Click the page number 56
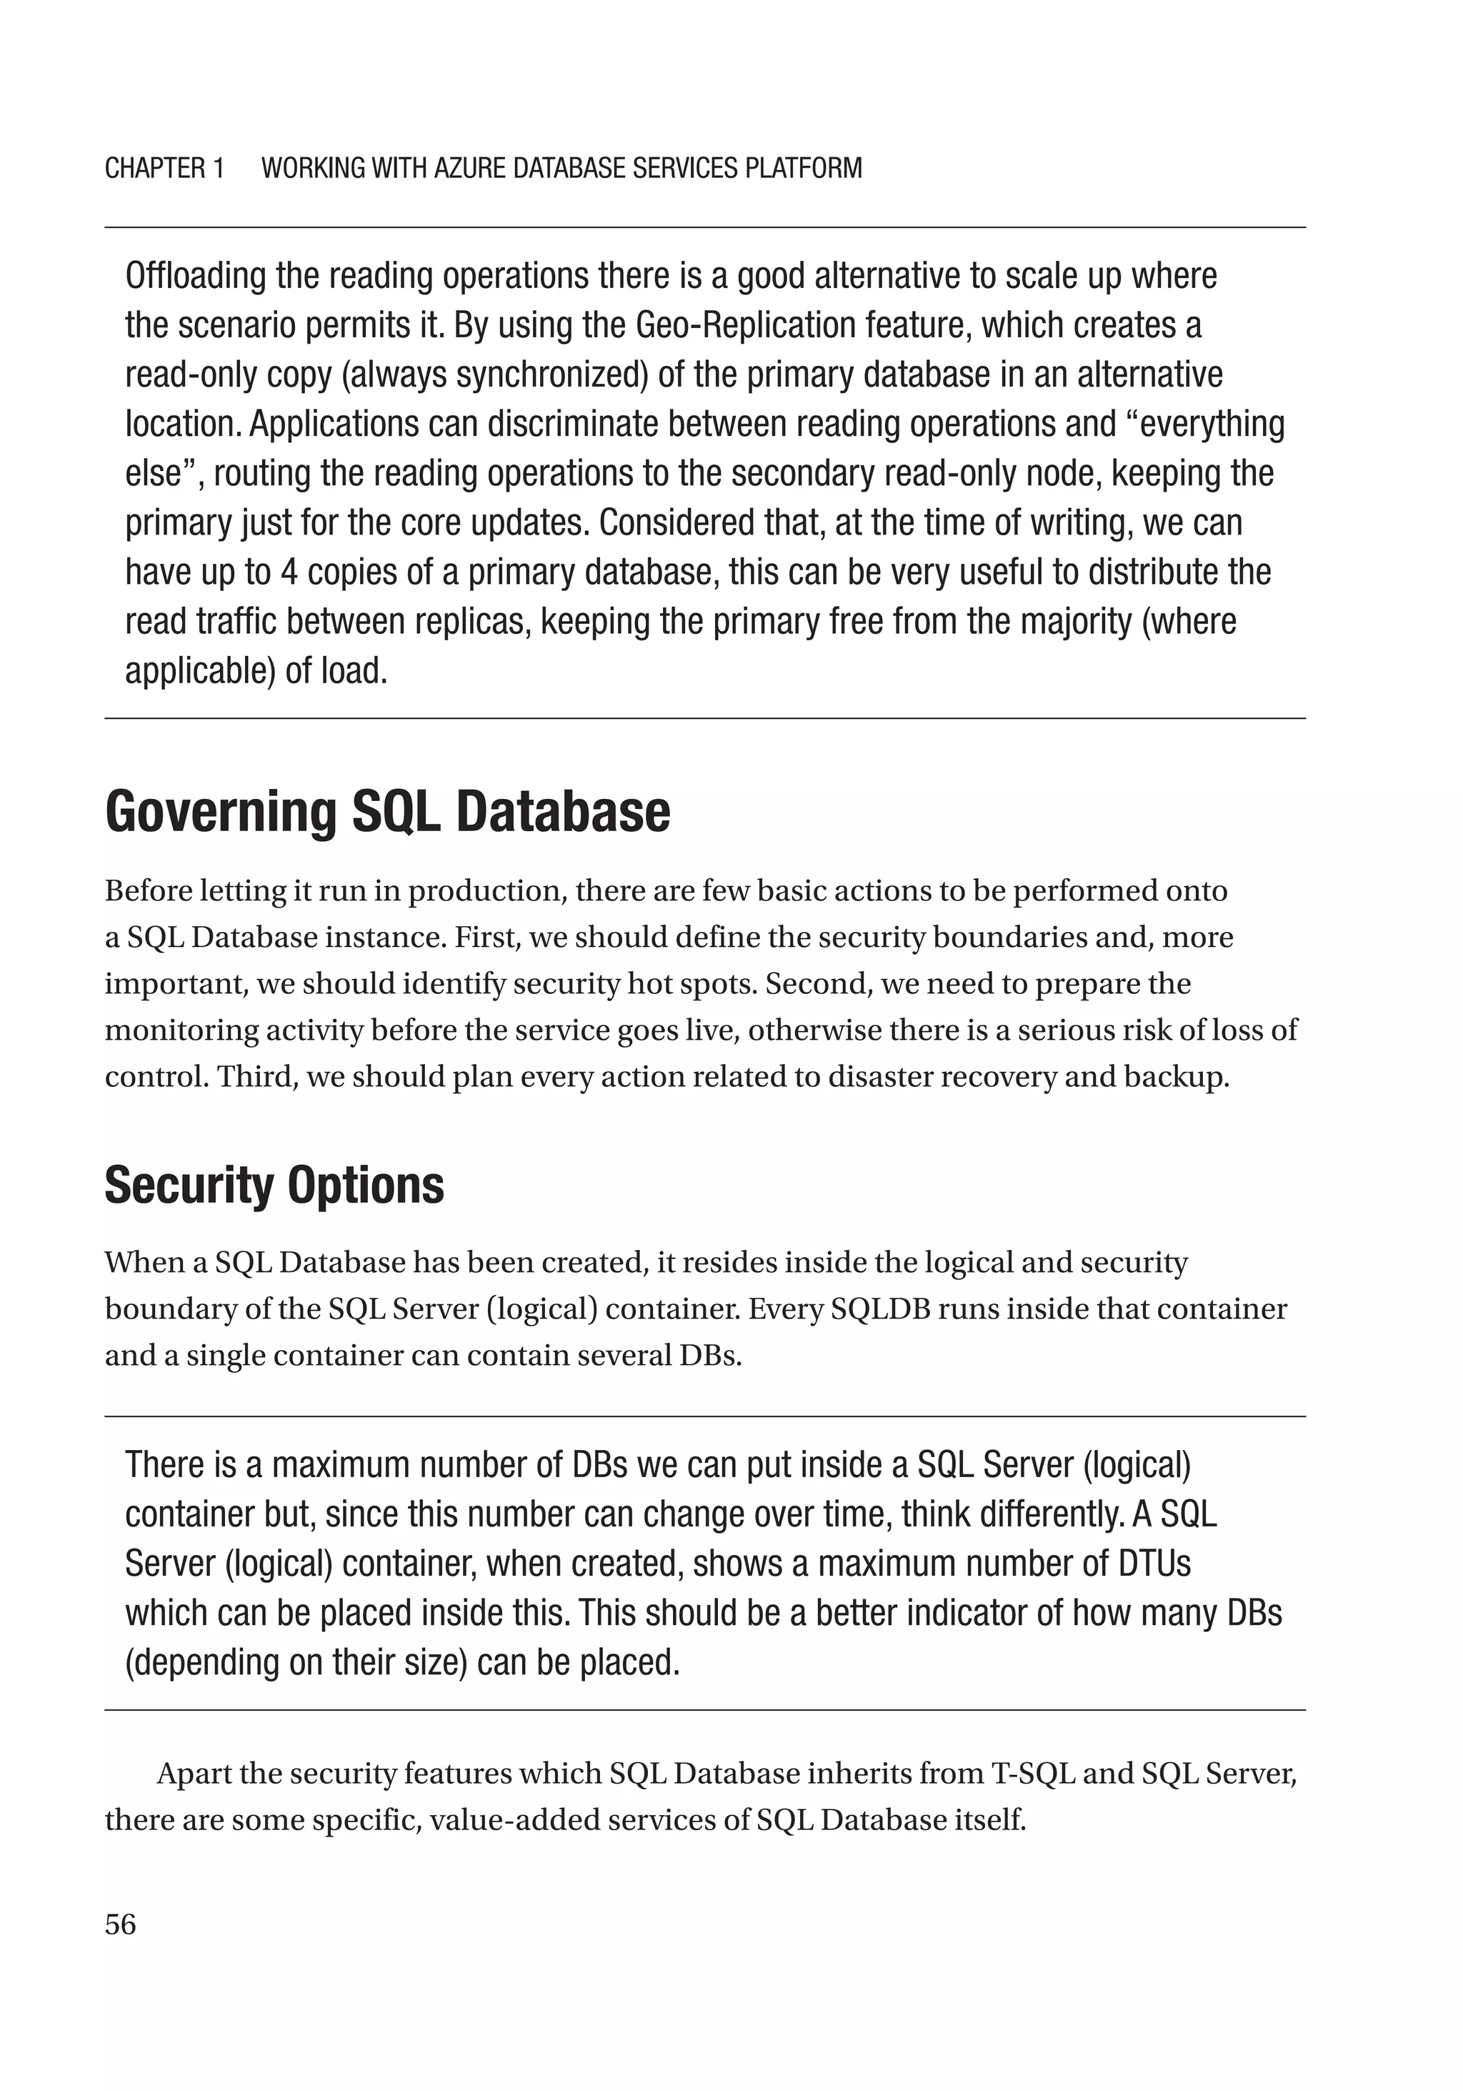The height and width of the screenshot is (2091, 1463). (x=120, y=1924)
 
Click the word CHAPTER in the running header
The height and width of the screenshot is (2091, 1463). (x=155, y=169)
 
